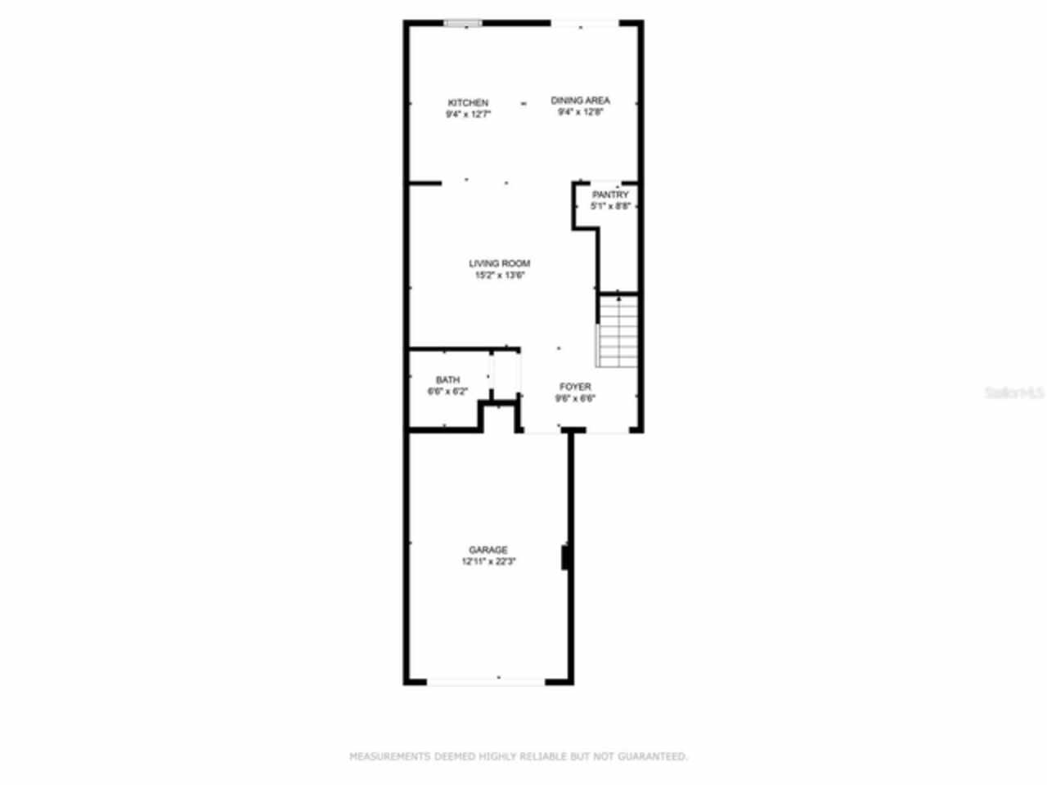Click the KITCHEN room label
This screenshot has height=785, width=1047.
tap(468, 103)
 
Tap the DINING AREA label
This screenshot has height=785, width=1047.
tap(580, 101)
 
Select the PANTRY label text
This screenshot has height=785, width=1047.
tap(610, 195)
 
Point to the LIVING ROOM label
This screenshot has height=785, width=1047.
tap(499, 263)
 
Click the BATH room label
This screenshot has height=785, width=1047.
tap(447, 380)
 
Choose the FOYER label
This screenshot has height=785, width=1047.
tap(575, 387)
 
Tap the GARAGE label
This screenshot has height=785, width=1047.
tap(488, 550)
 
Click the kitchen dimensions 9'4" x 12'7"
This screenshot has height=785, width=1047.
tap(468, 115)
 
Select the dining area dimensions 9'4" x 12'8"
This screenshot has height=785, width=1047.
tap(580, 113)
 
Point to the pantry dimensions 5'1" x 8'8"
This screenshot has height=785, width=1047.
tap(610, 207)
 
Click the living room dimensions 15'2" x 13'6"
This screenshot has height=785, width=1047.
tap(499, 276)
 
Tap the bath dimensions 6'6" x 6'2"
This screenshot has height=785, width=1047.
tap(447, 392)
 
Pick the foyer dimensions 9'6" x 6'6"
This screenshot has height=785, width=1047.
tap(575, 399)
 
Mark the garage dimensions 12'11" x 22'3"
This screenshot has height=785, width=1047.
tap(488, 562)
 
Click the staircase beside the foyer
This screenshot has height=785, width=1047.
tap(618, 331)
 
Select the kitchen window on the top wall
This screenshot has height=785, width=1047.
tap(463, 24)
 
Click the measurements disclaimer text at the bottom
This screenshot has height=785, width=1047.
tap(519, 756)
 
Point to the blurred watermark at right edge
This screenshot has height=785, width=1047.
tap(1014, 393)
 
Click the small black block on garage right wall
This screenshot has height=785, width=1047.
tap(564, 558)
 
